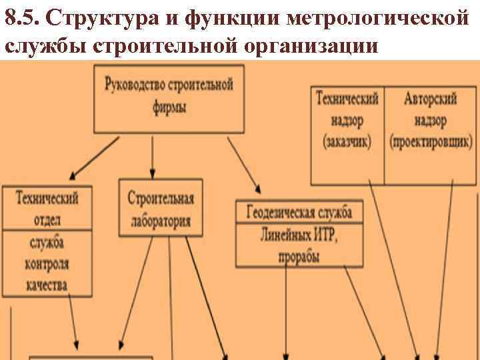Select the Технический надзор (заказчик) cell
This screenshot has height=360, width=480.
pos(347,121)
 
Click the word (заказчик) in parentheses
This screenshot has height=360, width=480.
pos(347,142)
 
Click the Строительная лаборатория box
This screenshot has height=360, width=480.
pos(160,207)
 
